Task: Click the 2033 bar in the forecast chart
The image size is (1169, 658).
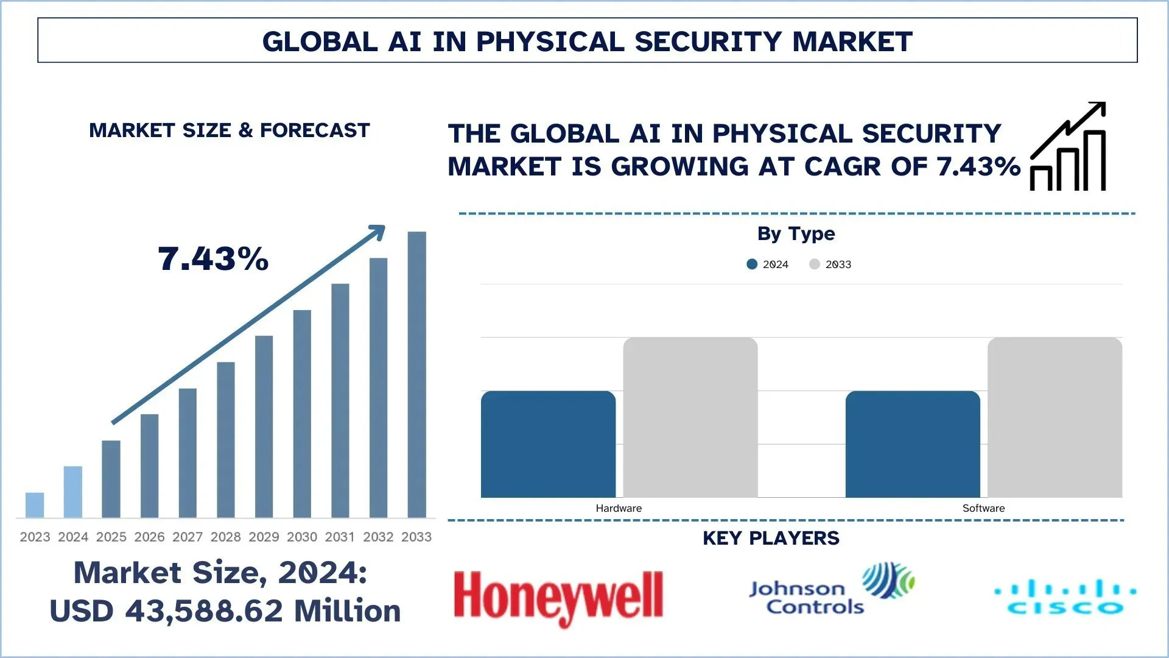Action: tap(416, 375)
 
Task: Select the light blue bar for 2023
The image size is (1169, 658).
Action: tap(35, 505)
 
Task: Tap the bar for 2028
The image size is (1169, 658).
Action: tap(226, 440)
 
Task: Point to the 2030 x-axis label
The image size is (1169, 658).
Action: tap(302, 537)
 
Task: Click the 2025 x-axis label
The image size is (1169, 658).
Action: tap(111, 537)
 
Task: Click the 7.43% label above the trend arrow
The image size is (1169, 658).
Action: tap(213, 259)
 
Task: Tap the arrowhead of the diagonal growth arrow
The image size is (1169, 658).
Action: tap(378, 232)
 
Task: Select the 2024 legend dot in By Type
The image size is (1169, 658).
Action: tap(752, 264)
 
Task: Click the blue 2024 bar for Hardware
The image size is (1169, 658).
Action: tap(548, 444)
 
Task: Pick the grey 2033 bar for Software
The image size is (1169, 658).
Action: tap(1055, 417)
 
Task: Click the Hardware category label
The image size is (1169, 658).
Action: tap(619, 508)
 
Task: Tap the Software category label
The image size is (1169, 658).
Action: tap(983, 508)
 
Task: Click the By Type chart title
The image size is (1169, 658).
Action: tap(796, 233)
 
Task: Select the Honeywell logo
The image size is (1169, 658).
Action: tap(558, 597)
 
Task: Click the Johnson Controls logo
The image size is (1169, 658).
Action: tap(831, 590)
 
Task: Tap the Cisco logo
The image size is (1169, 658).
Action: tap(1065, 597)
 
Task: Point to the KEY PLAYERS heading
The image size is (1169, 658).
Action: tap(771, 538)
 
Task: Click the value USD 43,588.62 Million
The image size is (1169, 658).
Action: tap(225, 611)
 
